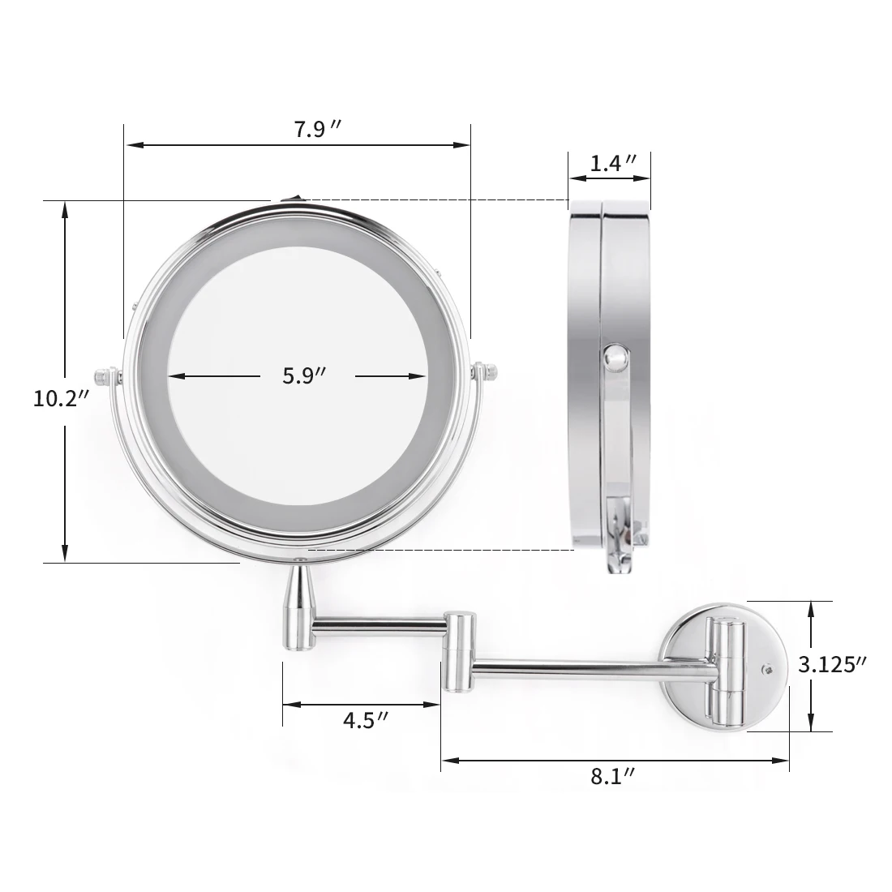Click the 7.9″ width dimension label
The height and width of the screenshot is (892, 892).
click(317, 130)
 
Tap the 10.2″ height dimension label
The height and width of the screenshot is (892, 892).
click(62, 399)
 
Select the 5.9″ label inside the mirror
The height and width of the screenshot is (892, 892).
click(304, 376)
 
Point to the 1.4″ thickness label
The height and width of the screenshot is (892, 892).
click(613, 164)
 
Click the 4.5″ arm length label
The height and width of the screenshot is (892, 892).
click(365, 721)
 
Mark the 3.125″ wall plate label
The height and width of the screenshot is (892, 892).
click(832, 664)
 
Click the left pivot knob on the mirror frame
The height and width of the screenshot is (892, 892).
click(107, 376)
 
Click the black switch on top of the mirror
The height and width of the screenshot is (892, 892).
click(290, 199)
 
